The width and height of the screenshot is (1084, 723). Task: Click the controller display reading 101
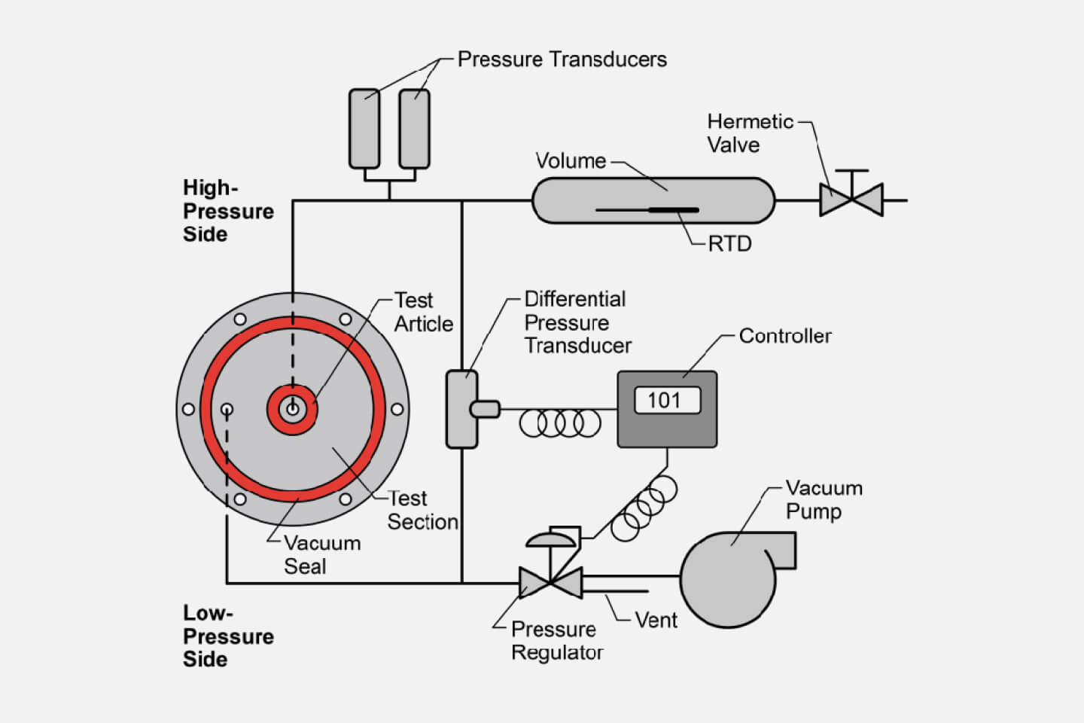click(x=663, y=400)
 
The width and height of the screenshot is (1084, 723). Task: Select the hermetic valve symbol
click(x=851, y=200)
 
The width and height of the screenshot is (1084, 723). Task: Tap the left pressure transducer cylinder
click(x=364, y=128)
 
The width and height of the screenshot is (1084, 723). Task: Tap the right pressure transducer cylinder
click(x=414, y=128)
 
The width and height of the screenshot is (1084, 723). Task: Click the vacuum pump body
click(x=729, y=578)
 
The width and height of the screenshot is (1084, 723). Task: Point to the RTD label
click(x=729, y=244)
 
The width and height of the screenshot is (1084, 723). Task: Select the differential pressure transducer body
click(x=461, y=409)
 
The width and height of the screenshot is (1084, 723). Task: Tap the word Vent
click(x=656, y=621)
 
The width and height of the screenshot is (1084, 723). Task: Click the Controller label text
click(x=785, y=336)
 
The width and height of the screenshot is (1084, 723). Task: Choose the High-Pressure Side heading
click(x=227, y=211)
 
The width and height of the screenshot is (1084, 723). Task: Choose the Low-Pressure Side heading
click(x=227, y=636)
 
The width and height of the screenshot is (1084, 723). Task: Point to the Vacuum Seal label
click(x=321, y=555)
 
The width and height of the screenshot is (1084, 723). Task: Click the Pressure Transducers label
click(x=562, y=59)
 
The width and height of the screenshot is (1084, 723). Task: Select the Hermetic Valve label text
click(x=750, y=133)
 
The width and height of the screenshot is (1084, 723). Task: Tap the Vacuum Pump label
click(x=824, y=499)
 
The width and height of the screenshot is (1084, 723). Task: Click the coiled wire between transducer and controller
click(x=560, y=423)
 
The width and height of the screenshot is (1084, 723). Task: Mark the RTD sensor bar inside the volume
click(x=673, y=210)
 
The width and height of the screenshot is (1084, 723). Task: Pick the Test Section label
click(x=422, y=511)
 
